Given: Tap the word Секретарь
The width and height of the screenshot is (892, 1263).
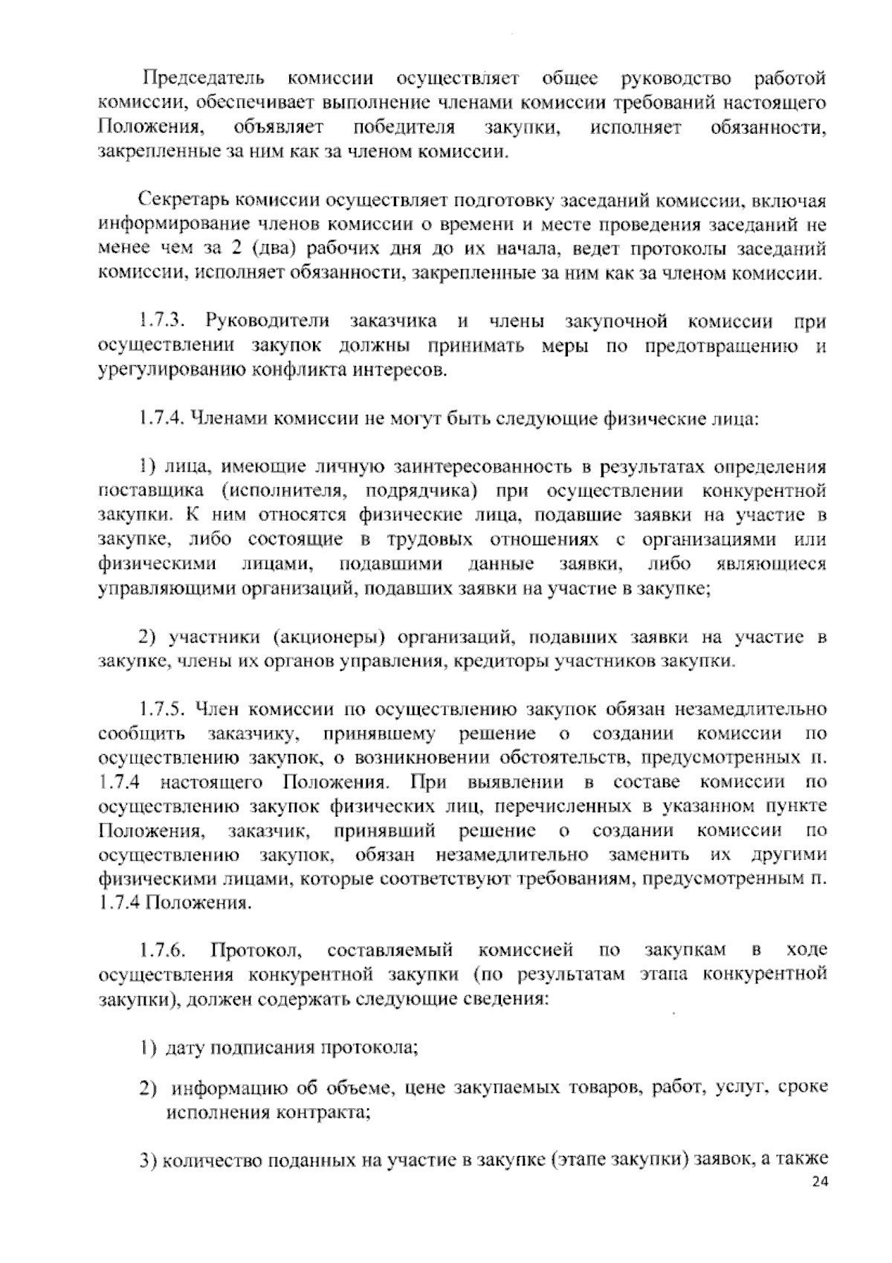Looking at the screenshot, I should [184, 201].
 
